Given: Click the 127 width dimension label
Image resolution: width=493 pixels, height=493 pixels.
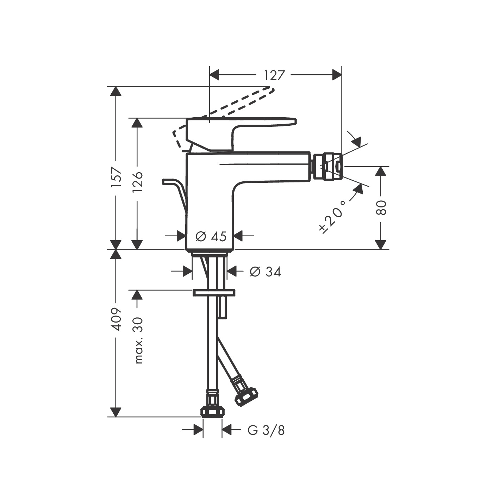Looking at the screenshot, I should (274, 75).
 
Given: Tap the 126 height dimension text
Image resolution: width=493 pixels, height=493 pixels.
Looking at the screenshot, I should (137, 182).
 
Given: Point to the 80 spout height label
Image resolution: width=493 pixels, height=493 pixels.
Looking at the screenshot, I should (381, 207).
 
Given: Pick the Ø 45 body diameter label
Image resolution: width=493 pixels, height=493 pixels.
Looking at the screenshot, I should (211, 236).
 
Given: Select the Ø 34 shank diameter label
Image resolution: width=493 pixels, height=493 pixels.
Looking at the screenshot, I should (265, 272).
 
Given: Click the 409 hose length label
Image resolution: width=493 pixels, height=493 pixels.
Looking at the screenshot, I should (116, 319).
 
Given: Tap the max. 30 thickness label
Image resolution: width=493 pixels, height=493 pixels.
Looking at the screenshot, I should (138, 340).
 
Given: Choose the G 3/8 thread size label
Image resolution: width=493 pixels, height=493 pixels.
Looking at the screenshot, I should (266, 430).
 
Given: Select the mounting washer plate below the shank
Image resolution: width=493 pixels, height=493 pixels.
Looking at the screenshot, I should (213, 293).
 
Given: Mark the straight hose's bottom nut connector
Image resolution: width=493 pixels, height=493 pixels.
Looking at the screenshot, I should (213, 411).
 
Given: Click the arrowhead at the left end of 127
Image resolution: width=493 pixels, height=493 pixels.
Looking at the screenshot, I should (214, 75).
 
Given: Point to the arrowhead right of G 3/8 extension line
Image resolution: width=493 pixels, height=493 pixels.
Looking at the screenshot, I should (227, 430).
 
